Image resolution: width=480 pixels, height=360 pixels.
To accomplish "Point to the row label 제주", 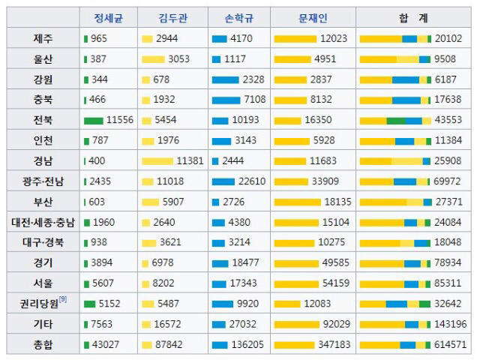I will [42, 38].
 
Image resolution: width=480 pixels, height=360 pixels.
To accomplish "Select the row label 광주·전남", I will [43, 181].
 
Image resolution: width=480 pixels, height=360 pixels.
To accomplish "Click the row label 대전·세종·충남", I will [43, 222].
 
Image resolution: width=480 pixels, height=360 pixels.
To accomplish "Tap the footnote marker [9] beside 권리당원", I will [63, 300].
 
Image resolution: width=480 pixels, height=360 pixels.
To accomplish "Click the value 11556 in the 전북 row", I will [120, 120].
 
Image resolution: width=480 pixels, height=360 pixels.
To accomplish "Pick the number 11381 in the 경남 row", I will [190, 160].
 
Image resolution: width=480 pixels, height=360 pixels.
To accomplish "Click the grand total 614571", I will [448, 344].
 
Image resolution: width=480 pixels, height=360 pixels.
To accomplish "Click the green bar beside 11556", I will [94, 120].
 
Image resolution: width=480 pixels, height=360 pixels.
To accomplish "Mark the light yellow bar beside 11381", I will [157, 160].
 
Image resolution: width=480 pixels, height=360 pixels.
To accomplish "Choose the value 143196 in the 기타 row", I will [448, 324].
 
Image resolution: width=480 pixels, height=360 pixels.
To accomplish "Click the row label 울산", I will [42, 58].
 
